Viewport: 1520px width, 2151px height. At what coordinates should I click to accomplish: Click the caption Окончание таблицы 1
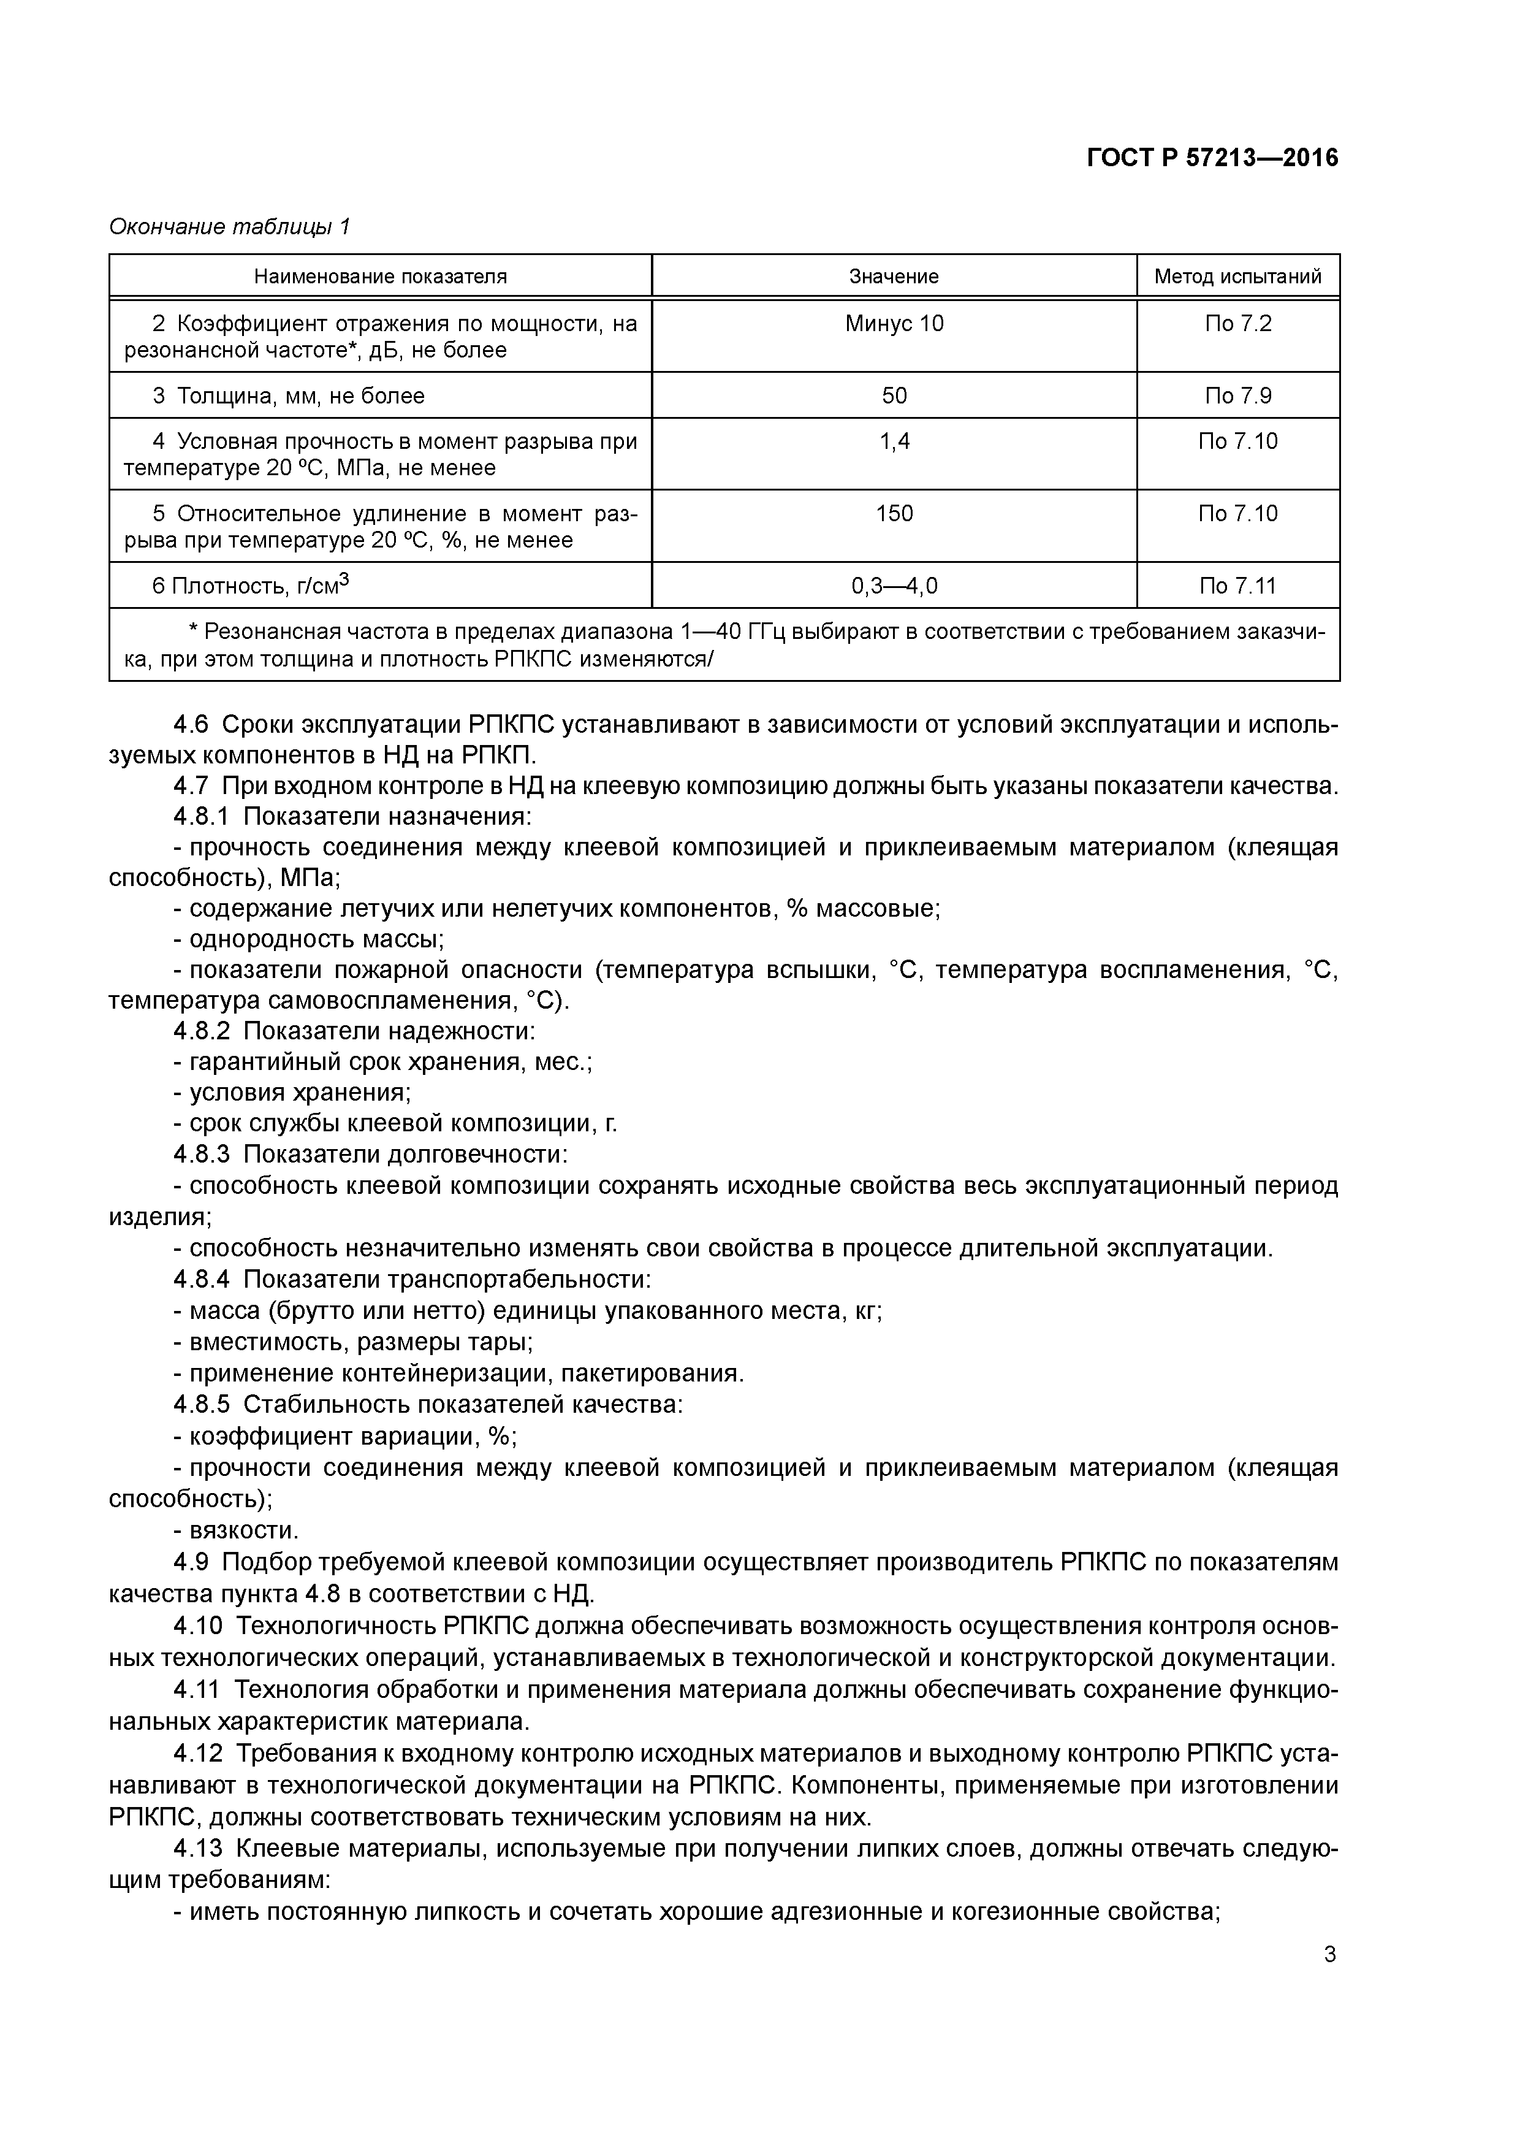229,227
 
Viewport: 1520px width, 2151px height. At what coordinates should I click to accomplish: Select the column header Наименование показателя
380,277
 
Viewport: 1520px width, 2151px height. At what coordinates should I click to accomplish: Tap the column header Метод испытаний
1237,277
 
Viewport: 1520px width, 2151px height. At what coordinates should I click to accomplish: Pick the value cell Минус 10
894,324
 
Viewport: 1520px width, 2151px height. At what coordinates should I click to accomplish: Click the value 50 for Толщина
894,396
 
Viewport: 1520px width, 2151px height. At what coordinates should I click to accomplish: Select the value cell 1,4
894,441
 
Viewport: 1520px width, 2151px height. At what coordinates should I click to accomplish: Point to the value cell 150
894,513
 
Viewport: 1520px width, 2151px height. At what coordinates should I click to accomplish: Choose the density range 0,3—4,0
894,586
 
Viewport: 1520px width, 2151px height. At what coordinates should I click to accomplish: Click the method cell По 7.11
1237,586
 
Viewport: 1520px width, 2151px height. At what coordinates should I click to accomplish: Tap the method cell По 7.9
1237,396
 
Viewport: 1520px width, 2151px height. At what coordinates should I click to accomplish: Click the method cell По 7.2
1237,324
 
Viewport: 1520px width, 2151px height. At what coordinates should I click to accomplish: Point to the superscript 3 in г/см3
344,579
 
